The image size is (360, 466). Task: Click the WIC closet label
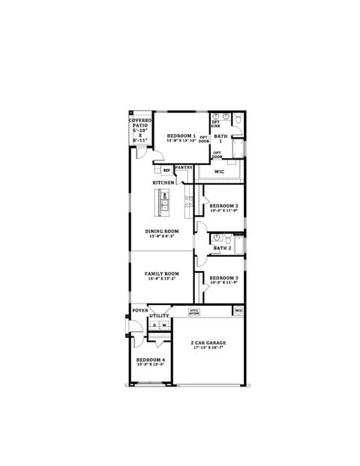[x=219, y=172]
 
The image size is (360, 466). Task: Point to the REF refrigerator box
[x=166, y=171]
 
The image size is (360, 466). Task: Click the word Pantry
[x=184, y=167]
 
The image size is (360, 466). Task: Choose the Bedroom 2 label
[x=223, y=205]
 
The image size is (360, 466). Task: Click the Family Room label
[x=162, y=273]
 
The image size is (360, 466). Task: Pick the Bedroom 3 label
[x=223, y=278]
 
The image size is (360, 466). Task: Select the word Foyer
[x=139, y=309]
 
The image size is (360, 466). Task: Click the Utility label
[x=159, y=316]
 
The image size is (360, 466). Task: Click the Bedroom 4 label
[x=150, y=360]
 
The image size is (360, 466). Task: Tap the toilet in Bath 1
[x=237, y=120]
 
